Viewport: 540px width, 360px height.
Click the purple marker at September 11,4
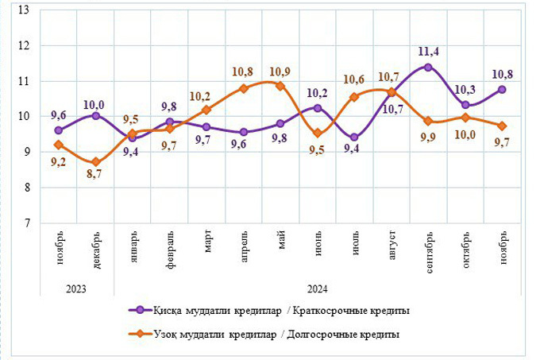click(428, 68)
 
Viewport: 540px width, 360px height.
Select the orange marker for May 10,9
click(280, 86)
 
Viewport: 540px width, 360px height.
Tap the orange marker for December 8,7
click(95, 162)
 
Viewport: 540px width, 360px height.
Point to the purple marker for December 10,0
click(95, 115)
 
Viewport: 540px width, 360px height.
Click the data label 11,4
click(430, 52)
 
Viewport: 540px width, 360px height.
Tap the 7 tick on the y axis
click(25, 223)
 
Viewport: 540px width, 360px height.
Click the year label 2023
click(76, 289)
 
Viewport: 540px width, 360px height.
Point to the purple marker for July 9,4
click(354, 137)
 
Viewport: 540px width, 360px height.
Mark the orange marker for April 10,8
click(244, 88)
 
